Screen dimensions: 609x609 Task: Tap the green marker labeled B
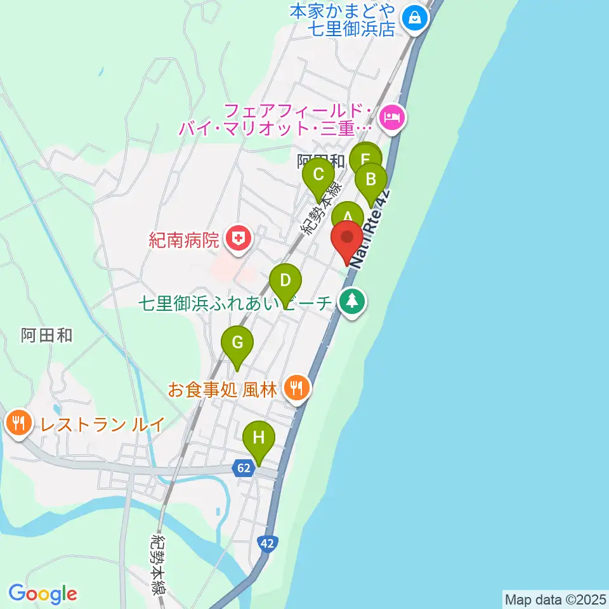(x=371, y=180)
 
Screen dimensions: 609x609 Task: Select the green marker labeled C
(x=318, y=174)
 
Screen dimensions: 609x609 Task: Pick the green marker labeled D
(x=285, y=280)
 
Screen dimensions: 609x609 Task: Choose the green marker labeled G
(x=237, y=343)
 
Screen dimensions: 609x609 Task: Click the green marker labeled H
(x=259, y=438)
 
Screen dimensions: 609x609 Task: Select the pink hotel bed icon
(x=391, y=117)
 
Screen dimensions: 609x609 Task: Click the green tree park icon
(x=352, y=301)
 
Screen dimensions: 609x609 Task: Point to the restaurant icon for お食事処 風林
(x=296, y=387)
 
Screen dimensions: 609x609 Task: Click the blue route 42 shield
(x=267, y=543)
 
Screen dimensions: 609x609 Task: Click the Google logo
(x=43, y=594)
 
